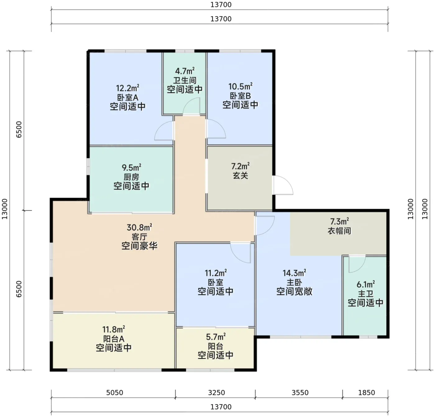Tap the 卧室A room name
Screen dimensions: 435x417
[x=128, y=97]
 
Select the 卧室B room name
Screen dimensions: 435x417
[x=240, y=96]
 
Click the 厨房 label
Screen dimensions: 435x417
[x=131, y=177]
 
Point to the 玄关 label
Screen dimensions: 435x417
[x=240, y=176]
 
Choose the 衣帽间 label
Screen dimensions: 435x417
[x=339, y=231]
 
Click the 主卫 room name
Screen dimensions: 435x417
[x=365, y=294]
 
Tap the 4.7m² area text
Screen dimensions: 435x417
[x=185, y=71]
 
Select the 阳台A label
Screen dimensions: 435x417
[x=113, y=339]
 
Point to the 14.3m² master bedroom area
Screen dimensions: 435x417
[x=294, y=273]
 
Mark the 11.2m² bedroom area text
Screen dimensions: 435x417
[x=216, y=273]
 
